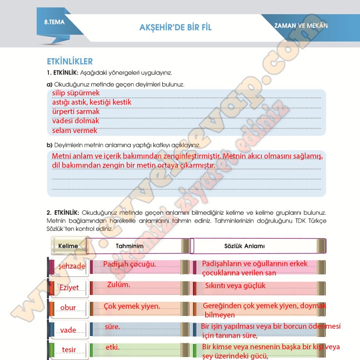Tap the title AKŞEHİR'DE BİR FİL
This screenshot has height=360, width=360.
pos(175,27)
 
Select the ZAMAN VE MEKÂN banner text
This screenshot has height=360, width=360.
pos(301,25)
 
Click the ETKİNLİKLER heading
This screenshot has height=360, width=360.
pos(69,62)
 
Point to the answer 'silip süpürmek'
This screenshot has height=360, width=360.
pos(76,92)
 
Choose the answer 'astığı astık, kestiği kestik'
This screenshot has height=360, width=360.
pos(92,102)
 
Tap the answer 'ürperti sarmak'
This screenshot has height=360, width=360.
pos(76,112)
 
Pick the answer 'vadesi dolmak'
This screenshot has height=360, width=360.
pos(76,121)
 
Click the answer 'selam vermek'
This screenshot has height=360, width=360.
pos(75,131)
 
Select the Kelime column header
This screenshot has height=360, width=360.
pos(68,246)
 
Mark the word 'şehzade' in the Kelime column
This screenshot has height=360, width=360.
pos(72,266)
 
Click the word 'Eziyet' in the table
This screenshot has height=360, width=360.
pos(69,288)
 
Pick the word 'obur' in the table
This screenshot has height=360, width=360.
pos(68,308)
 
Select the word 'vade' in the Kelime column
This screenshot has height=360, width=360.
pos(68,330)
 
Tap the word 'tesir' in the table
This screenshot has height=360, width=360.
pos(69,350)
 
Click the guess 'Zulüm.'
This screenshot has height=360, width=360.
pos(119,285)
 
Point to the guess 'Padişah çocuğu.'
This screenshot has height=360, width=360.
pos(130,264)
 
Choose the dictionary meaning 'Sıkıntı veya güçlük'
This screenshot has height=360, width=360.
pos(235,286)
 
